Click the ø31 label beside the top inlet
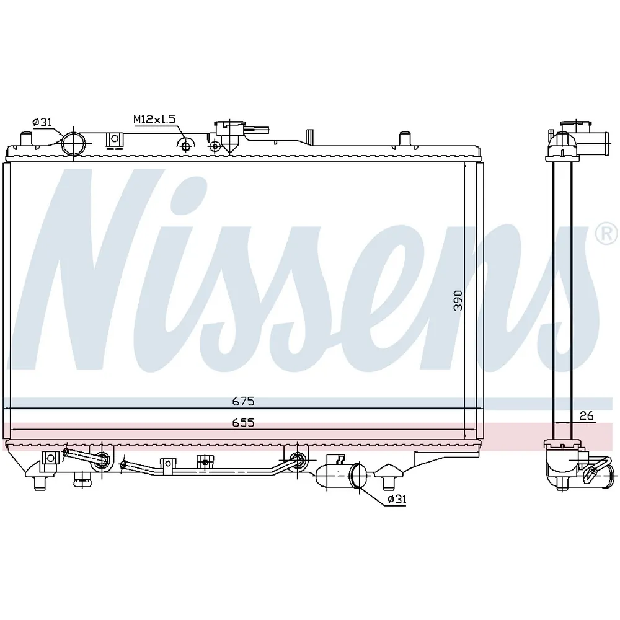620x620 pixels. tap(42, 122)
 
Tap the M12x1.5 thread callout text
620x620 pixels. tap(154, 118)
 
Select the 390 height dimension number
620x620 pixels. tap(458, 300)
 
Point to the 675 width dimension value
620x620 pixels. tap(243, 401)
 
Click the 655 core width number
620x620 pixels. tap(243, 423)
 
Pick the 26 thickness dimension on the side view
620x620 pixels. tap(587, 415)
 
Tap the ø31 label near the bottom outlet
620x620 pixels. tap(397, 499)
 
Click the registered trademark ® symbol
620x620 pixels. tap(606, 234)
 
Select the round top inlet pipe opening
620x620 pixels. tap(74, 143)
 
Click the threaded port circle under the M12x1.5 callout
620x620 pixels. tap(185, 146)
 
